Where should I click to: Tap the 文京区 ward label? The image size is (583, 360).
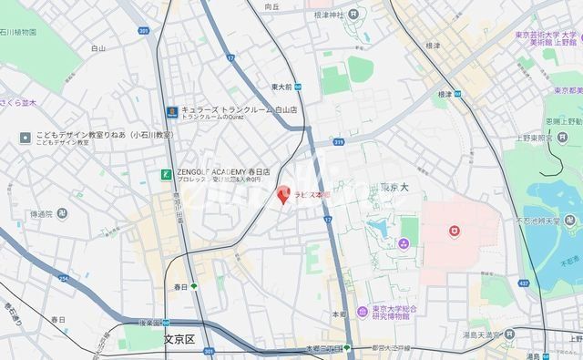[181, 340]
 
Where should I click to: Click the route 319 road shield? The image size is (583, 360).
[338, 142]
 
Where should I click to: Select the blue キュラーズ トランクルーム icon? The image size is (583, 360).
[170, 111]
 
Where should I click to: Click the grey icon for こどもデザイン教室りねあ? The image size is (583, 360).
[26, 139]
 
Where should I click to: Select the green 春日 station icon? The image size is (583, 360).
[194, 285]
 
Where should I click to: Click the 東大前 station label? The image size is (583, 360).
[281, 87]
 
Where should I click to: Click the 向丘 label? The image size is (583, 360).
[271, 6]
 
